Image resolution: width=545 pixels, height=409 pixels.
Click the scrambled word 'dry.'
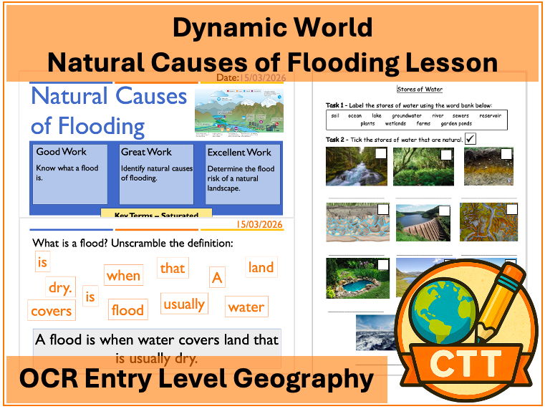(60, 288)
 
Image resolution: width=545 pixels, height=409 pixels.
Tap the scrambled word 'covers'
(51, 311)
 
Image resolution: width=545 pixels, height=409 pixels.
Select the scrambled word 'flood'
(127, 310)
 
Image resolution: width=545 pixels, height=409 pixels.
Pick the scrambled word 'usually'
(184, 304)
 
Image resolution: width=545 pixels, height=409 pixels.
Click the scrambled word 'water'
(246, 307)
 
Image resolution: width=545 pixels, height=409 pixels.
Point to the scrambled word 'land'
(261, 268)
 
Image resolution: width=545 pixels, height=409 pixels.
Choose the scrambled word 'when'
(123, 276)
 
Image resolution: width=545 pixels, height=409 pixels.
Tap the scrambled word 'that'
(172, 269)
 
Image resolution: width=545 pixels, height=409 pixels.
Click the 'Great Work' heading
(146, 152)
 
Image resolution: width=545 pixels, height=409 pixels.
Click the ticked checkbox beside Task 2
(471, 138)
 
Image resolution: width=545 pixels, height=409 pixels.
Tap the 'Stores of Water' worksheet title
(419, 90)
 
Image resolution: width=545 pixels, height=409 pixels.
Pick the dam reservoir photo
(423, 223)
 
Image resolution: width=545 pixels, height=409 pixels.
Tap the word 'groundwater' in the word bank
(406, 115)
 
